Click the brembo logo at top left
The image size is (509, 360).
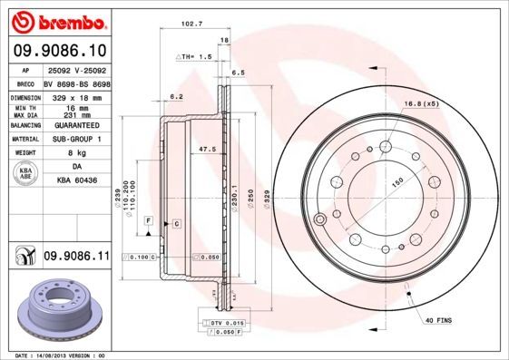point(60,20)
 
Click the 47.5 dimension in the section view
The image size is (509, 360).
point(206,148)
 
